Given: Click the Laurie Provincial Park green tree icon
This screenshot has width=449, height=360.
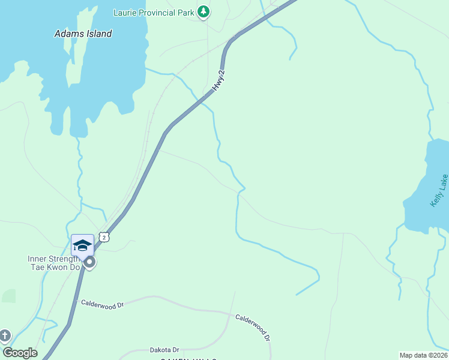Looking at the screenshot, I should (x=203, y=11).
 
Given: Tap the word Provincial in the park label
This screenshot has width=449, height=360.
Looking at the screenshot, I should (x=157, y=12).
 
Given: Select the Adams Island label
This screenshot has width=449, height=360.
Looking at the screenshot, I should (x=83, y=34).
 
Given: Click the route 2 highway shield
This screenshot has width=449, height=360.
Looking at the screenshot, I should (x=104, y=238).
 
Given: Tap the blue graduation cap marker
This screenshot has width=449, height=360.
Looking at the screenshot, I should (x=82, y=245).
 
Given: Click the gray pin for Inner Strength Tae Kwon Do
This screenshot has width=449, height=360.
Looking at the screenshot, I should (x=89, y=263).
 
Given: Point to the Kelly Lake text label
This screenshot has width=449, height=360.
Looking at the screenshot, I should (x=439, y=191).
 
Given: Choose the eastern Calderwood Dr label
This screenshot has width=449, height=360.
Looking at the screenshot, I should (x=253, y=324).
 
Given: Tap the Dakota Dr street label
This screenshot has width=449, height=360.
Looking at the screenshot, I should (x=164, y=350).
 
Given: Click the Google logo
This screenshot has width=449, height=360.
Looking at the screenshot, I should (x=20, y=353).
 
